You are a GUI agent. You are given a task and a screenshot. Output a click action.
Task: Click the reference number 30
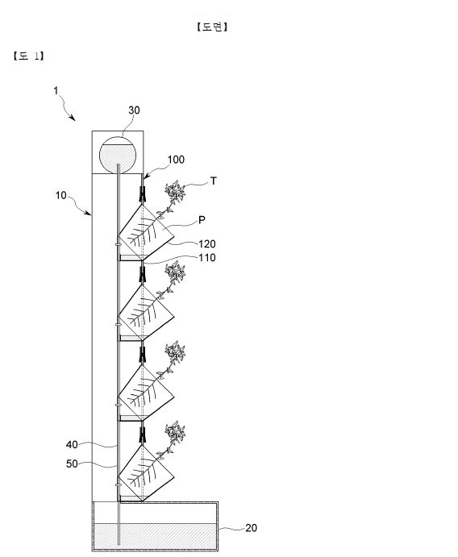pyautogui.click(x=134, y=110)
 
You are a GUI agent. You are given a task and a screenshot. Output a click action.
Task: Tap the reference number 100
pyautogui.click(x=176, y=160)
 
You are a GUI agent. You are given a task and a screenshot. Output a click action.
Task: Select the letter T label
pyautogui.click(x=214, y=181)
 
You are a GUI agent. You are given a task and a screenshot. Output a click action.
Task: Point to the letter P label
pyautogui.click(x=202, y=220)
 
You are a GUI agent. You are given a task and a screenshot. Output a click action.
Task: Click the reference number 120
pyautogui.click(x=207, y=244)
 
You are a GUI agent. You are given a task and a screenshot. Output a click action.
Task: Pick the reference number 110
pyautogui.click(x=207, y=257)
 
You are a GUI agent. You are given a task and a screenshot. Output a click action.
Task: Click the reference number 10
pyautogui.click(x=60, y=195)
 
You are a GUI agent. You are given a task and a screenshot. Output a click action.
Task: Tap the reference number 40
pyautogui.click(x=72, y=444)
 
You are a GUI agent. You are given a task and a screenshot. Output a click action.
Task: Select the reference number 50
pyautogui.click(x=72, y=463)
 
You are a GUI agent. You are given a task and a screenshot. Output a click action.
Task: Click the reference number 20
pyautogui.click(x=252, y=528)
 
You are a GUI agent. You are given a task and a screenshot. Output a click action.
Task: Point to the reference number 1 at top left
pyautogui.click(x=56, y=91)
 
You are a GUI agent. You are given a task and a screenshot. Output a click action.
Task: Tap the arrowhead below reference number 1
pyautogui.click(x=73, y=118)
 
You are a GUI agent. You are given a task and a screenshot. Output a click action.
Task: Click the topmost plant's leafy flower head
pyautogui.click(x=175, y=192)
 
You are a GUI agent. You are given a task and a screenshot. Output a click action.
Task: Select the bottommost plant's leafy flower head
pyautogui.click(x=175, y=432)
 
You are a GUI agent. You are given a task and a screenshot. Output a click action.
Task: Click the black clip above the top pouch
pyautogui.click(x=143, y=194)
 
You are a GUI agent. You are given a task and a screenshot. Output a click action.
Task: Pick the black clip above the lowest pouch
pyautogui.click(x=143, y=435)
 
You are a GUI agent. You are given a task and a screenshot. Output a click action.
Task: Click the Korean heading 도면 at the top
pyautogui.click(x=212, y=27)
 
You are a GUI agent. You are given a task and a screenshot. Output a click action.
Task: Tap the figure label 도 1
pyautogui.click(x=28, y=56)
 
